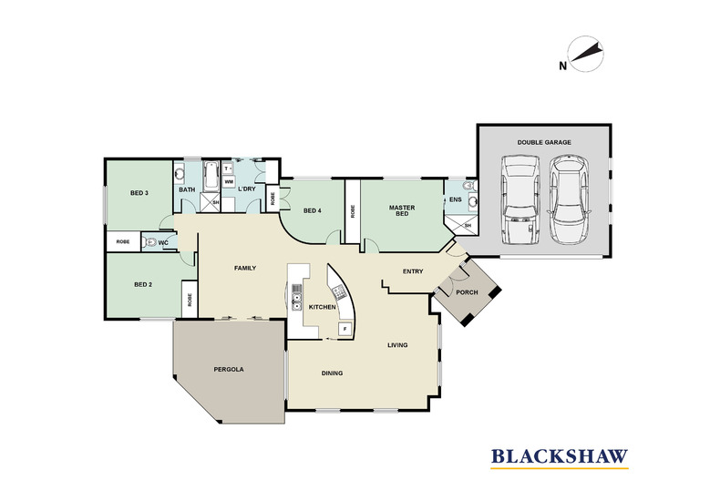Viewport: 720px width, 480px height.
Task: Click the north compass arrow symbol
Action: pyautogui.click(x=586, y=54)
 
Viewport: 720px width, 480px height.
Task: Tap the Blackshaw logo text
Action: pyautogui.click(x=560, y=456)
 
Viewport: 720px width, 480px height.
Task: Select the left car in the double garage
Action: pyautogui.click(x=520, y=200)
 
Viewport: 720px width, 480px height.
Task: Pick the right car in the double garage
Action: pyautogui.click(x=569, y=200)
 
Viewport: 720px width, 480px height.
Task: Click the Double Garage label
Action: pyautogui.click(x=544, y=142)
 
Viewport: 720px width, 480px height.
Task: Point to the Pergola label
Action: pyautogui.click(x=229, y=369)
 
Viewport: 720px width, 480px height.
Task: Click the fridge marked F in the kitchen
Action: pyautogui.click(x=344, y=328)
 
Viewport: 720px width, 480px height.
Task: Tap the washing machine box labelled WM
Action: pyautogui.click(x=228, y=182)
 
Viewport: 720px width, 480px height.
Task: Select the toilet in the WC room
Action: pyautogui.click(x=150, y=242)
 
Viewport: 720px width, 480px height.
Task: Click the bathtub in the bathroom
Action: pyautogui.click(x=211, y=175)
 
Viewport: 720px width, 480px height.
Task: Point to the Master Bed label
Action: pyautogui.click(x=402, y=210)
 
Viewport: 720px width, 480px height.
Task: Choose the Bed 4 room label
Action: pyautogui.click(x=313, y=210)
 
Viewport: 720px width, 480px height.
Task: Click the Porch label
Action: pyautogui.click(x=467, y=292)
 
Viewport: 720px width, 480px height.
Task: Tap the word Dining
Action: pyautogui.click(x=332, y=373)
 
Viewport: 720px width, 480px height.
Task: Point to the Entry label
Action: pyautogui.click(x=413, y=271)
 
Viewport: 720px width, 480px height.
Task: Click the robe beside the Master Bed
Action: pyautogui.click(x=353, y=211)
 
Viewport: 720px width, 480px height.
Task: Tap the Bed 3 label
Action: pyautogui.click(x=139, y=193)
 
